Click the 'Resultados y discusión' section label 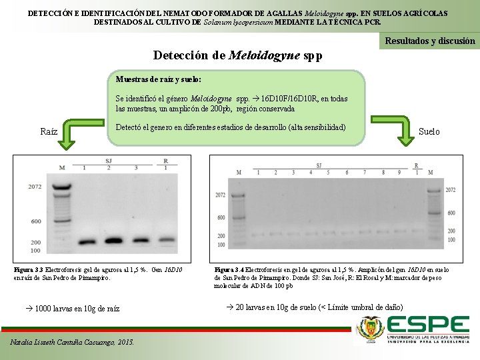click(430, 41)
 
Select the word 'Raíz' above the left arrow click(49, 131)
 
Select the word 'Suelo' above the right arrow click(429, 131)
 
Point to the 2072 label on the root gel click(35, 187)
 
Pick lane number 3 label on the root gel click(136, 168)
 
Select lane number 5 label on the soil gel click(328, 173)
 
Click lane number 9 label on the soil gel click(399, 173)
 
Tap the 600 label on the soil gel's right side click(450, 213)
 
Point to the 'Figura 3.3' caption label click(29, 270)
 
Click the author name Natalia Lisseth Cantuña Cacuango click(72, 343)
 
